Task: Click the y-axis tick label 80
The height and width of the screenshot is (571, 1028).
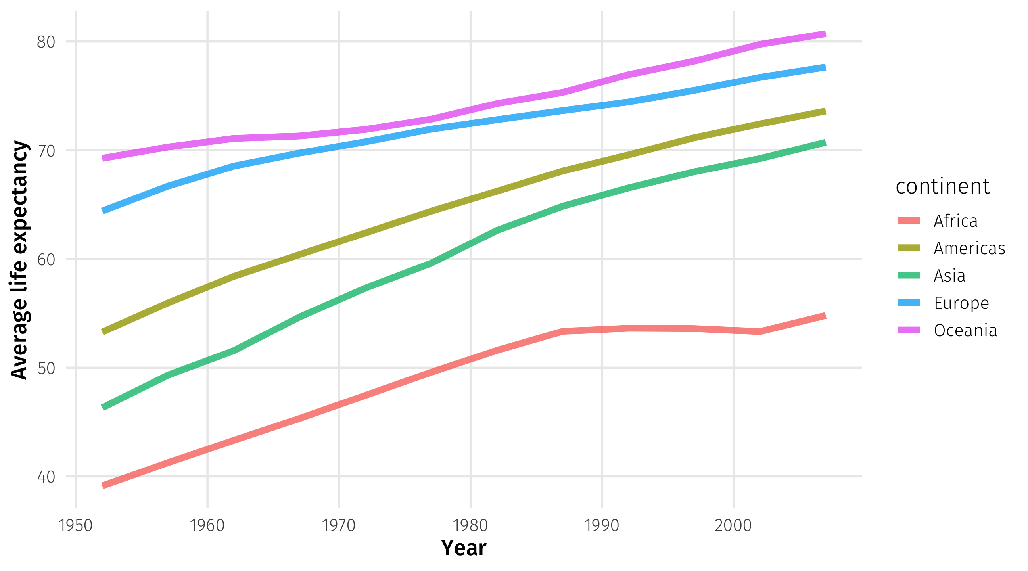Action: pos(46,42)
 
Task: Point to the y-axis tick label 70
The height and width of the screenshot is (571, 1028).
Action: pos(46,151)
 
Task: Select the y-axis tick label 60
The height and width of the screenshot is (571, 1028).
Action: pos(46,259)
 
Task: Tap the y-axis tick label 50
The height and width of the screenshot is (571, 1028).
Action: pos(46,368)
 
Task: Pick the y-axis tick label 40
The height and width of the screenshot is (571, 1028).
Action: pos(46,477)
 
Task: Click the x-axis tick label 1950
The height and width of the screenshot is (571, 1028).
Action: pos(75,525)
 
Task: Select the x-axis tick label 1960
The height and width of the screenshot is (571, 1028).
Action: pos(207,525)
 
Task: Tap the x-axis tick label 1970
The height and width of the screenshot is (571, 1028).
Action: pos(339,525)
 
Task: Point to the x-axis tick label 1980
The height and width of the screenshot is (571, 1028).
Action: pos(470,525)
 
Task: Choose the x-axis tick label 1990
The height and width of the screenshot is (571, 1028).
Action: pos(602,525)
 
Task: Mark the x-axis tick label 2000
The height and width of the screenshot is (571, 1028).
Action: pos(733,525)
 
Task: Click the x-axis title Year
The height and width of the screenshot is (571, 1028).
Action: pos(463,548)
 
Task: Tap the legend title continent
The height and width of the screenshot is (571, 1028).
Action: pos(943,186)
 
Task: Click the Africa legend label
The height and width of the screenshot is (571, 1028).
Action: pos(955,221)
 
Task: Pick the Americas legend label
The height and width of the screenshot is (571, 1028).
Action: pos(969,248)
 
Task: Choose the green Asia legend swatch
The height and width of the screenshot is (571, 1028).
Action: pos(909,275)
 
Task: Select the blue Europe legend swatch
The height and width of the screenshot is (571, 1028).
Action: pos(909,303)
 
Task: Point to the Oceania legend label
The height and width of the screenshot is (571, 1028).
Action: pos(965,330)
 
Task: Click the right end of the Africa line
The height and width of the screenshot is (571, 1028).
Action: pos(825,316)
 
